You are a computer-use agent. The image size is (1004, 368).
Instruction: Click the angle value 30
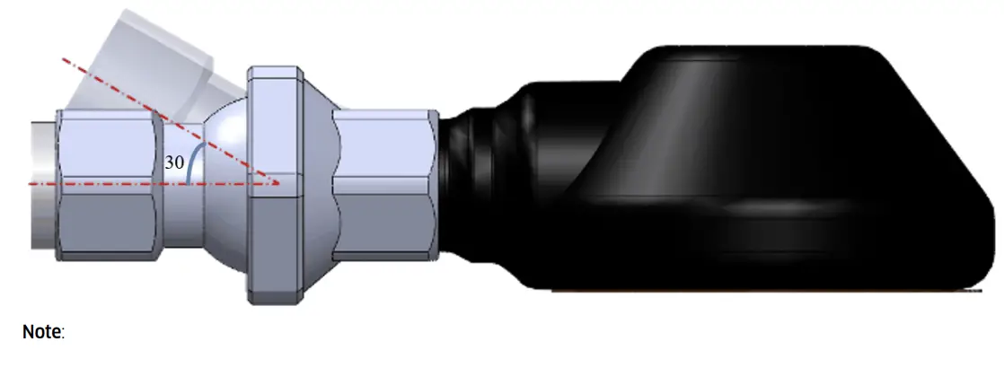174,162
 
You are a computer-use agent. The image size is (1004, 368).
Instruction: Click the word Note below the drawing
40,332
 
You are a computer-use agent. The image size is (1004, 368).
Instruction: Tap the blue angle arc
192,162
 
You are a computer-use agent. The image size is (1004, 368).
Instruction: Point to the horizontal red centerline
108,183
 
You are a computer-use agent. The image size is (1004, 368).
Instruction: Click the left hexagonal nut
106,184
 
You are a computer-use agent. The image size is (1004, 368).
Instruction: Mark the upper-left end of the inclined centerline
63,59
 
